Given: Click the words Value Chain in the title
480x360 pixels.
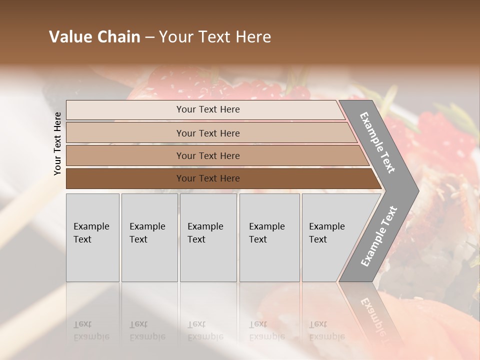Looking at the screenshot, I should (x=94, y=37).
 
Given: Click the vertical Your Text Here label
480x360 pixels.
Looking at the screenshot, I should (x=57, y=143).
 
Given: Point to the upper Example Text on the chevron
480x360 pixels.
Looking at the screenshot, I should (x=377, y=142).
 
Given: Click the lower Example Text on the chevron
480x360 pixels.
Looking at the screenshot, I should (x=378, y=236).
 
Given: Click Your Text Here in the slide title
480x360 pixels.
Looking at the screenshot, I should (x=215, y=37).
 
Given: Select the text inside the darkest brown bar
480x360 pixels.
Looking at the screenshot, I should (x=208, y=178).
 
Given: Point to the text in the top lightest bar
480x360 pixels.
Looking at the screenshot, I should (x=208, y=109).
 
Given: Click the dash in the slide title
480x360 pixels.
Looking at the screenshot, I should (x=149, y=37).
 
